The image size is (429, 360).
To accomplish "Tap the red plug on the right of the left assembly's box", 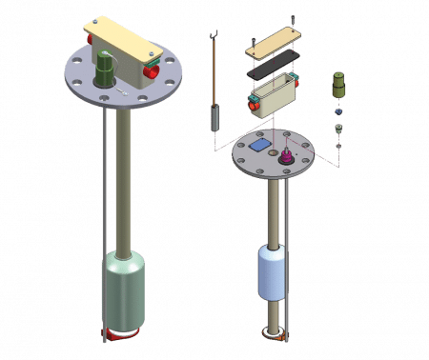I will pyautogui.click(x=151, y=70).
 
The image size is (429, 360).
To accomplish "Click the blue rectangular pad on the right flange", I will pyautogui.click(x=260, y=147).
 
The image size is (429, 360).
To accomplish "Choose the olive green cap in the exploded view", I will pyautogui.click(x=337, y=86).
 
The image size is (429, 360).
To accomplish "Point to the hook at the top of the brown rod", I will pyautogui.click(x=217, y=36).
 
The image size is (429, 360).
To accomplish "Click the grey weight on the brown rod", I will pyautogui.click(x=215, y=117).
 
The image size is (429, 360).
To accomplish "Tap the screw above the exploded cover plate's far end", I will pyautogui.click(x=297, y=19).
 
